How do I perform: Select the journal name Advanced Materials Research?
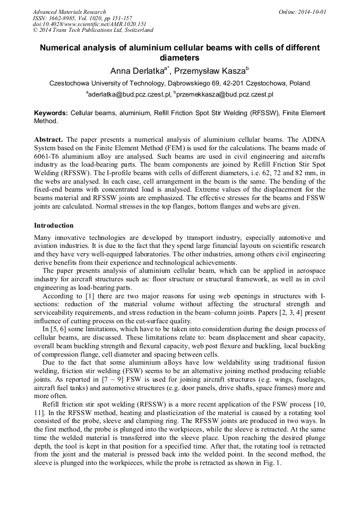(x=69, y=12)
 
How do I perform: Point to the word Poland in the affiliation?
(x=299, y=83)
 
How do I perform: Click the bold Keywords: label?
(x=51, y=113)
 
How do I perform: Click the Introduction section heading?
(x=54, y=226)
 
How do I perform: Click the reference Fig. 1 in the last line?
(x=270, y=462)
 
